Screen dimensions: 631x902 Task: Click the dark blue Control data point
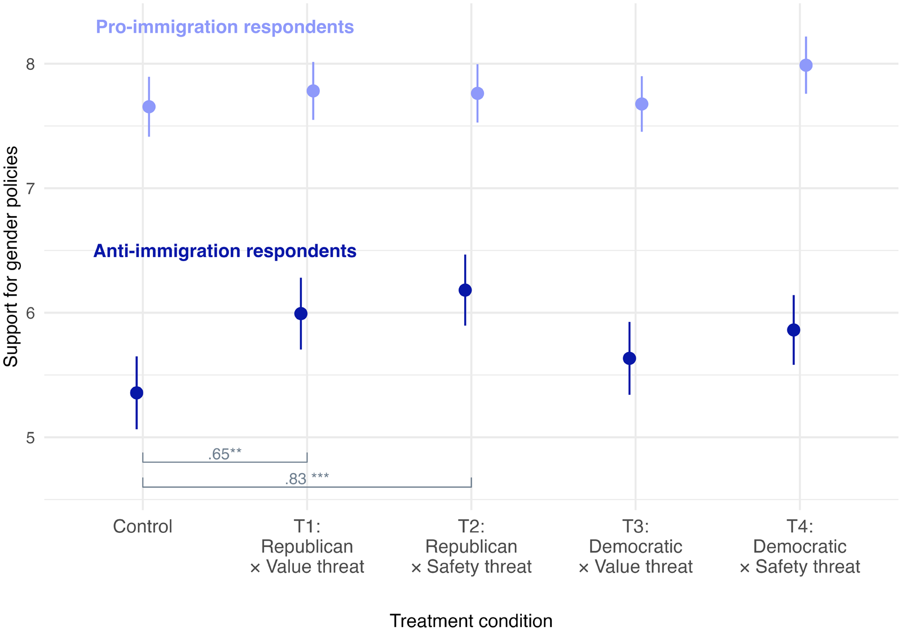(137, 393)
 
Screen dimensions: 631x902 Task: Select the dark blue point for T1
(301, 314)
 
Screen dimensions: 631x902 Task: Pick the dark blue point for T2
(465, 290)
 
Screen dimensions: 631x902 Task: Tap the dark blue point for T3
(630, 359)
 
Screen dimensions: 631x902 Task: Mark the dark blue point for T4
(794, 330)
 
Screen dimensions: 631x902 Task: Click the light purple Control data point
(149, 107)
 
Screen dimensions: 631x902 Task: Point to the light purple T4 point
(806, 65)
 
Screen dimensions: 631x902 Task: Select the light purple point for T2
(477, 94)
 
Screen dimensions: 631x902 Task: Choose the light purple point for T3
(642, 104)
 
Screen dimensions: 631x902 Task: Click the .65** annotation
(225, 454)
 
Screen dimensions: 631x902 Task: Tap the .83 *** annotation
(306, 479)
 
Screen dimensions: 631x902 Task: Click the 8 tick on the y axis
(30, 64)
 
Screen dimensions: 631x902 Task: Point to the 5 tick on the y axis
(30, 438)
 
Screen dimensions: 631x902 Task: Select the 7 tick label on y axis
(30, 189)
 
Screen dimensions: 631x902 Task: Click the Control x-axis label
(143, 527)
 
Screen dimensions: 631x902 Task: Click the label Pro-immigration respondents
(225, 27)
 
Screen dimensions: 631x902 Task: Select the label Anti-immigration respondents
(225, 251)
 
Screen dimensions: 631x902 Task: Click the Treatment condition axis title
(471, 620)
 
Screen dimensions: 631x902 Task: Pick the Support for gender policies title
(11, 257)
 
